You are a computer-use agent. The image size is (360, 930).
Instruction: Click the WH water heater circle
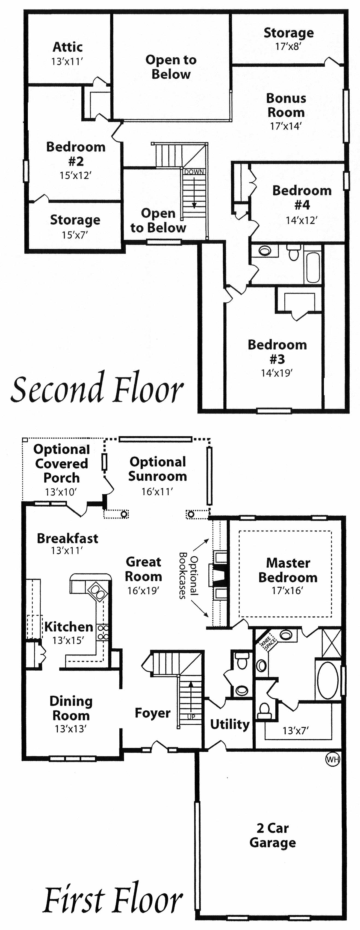pyautogui.click(x=333, y=760)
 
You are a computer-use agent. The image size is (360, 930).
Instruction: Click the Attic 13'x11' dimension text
pyautogui.click(x=67, y=61)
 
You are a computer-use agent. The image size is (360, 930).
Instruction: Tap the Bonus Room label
pyautogui.click(x=286, y=105)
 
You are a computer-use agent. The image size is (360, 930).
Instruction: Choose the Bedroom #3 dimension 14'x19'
pyautogui.click(x=277, y=373)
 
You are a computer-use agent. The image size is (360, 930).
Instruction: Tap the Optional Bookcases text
pyautogui.click(x=188, y=575)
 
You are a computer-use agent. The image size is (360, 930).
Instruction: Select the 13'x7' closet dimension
pyautogui.click(x=295, y=731)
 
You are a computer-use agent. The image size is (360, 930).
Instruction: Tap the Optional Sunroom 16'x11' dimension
pyautogui.click(x=157, y=491)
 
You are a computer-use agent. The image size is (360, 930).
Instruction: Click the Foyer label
pyautogui.click(x=152, y=713)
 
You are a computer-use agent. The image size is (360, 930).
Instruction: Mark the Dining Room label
pyautogui.click(x=71, y=708)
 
